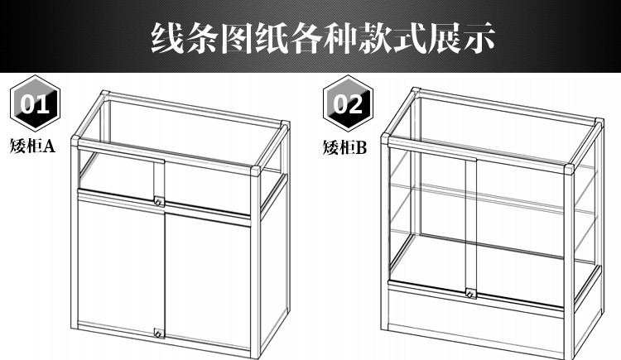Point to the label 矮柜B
(344, 149)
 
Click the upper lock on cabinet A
(158, 201)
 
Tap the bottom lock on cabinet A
(157, 334)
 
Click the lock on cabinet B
(470, 293)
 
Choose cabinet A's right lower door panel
(207, 277)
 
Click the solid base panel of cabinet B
(480, 319)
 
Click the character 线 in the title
(164, 37)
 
